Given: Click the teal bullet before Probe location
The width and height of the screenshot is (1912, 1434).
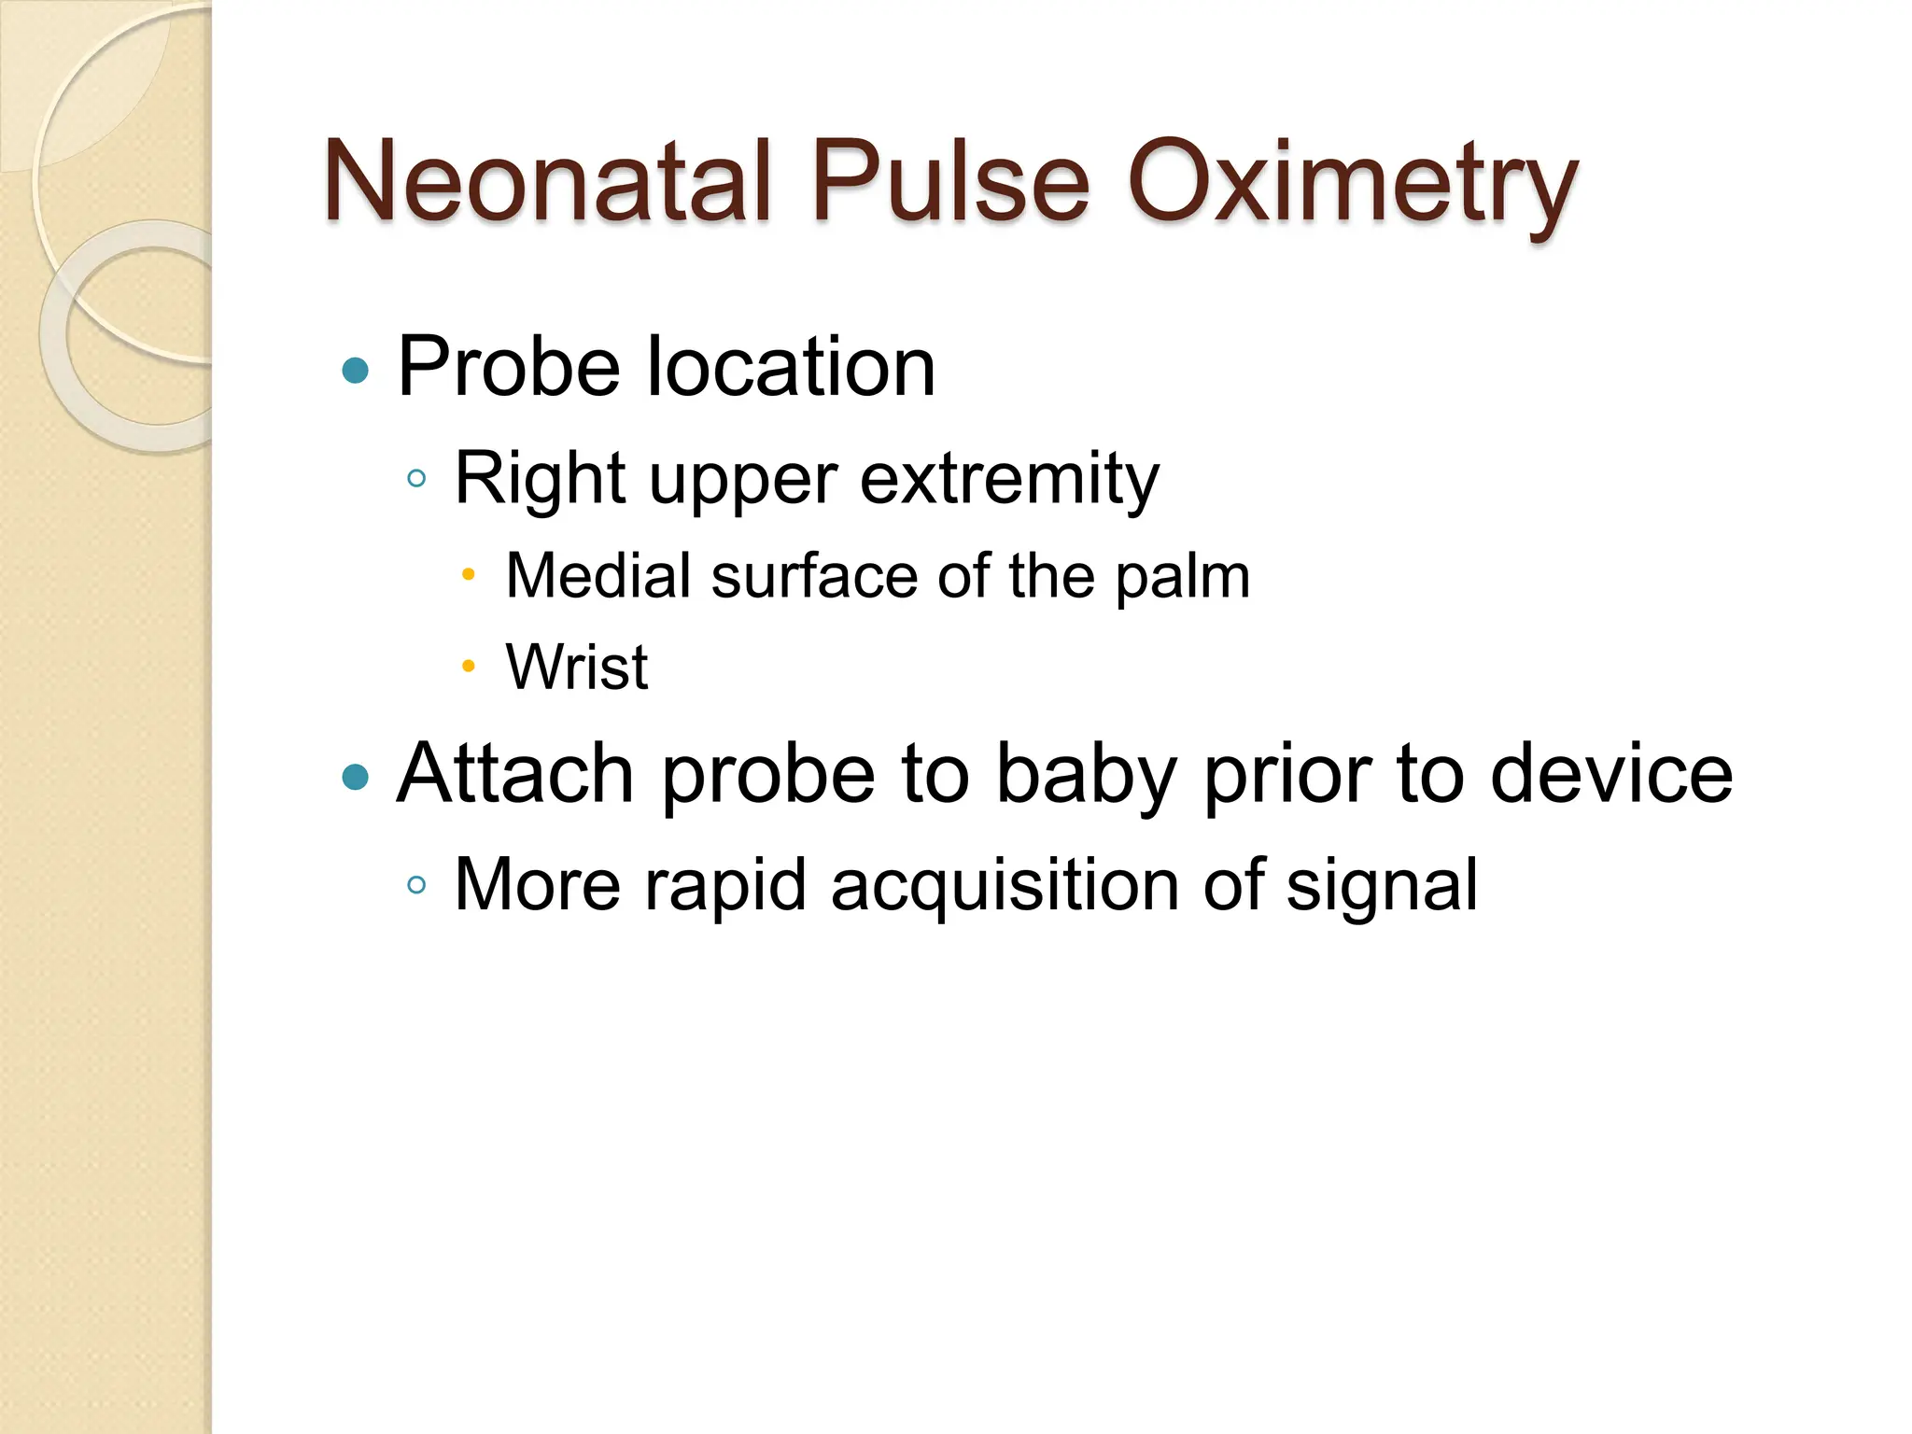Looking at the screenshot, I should tap(356, 371).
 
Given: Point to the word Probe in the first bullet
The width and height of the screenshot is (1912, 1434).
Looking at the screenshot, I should tap(509, 368).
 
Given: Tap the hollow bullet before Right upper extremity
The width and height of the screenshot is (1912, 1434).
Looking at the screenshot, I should tap(417, 479).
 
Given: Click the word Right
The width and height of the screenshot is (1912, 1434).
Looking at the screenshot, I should tap(539, 480).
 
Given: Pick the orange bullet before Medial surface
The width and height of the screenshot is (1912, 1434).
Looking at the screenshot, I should tap(469, 574).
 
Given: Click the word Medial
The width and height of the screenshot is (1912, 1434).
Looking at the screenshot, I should tap(597, 575).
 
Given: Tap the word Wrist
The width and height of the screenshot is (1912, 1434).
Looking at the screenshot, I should tap(577, 667).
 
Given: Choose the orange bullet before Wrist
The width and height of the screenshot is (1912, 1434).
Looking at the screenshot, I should tap(469, 666).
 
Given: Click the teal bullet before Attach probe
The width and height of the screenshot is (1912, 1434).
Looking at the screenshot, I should tap(356, 776).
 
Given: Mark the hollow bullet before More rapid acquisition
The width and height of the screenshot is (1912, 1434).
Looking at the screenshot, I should tap(417, 884).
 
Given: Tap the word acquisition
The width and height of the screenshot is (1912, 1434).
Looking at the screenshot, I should tap(1005, 885).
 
